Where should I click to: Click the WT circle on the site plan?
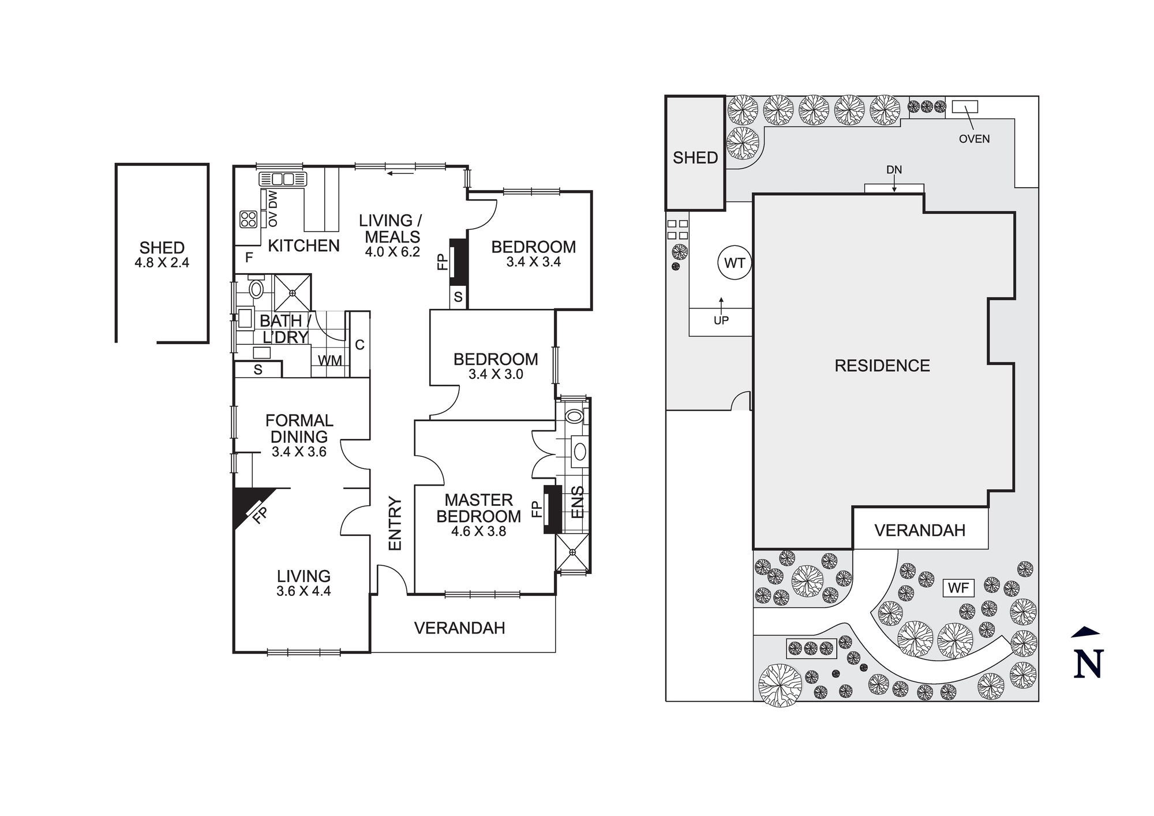tap(735, 263)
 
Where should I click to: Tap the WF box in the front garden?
tap(958, 588)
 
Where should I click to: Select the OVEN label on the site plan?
tap(974, 139)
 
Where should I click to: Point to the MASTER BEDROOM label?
tap(478, 508)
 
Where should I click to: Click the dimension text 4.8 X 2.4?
tap(162, 263)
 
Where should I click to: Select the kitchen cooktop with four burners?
tap(249, 219)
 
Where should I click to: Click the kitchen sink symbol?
tap(283, 178)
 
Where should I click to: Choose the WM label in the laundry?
tap(330, 360)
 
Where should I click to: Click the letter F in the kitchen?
tap(249, 258)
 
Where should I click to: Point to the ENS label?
tap(578, 502)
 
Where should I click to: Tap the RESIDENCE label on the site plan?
tap(882, 366)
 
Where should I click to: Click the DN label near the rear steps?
tap(894, 170)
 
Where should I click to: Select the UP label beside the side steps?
tap(721, 321)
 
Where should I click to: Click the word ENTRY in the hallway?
tap(395, 523)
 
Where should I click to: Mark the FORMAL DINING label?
tap(299, 429)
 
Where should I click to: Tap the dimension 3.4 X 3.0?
tap(496, 374)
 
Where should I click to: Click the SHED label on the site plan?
tap(695, 157)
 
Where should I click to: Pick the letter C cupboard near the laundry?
tap(359, 345)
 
